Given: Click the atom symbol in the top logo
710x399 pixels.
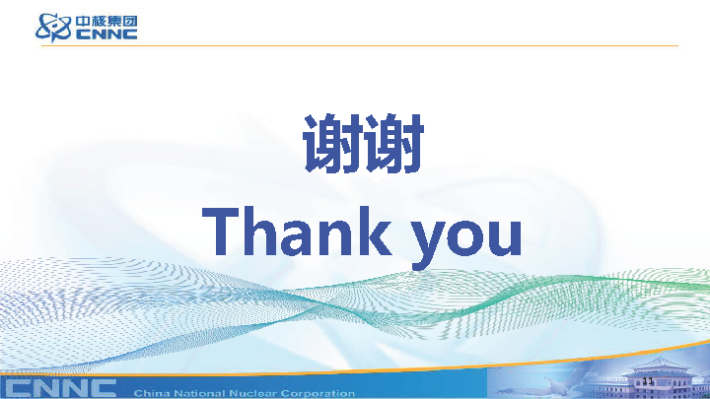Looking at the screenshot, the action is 53,28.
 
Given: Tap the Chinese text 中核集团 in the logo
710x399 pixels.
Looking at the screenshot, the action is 106,22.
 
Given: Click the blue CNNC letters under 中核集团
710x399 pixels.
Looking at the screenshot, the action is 106,34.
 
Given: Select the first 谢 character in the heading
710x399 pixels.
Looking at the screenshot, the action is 333,144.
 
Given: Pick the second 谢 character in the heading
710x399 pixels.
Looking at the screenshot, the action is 393,144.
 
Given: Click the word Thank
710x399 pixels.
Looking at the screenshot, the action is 296,232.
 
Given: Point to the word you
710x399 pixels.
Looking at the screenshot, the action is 466,240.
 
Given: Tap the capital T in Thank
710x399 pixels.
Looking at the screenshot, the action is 221,232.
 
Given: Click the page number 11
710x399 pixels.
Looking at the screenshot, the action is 648,381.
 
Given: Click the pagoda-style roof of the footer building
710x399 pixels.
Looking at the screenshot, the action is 660,366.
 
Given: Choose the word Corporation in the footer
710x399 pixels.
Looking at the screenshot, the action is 318,393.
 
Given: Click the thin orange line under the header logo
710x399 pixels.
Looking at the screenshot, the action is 360,45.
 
